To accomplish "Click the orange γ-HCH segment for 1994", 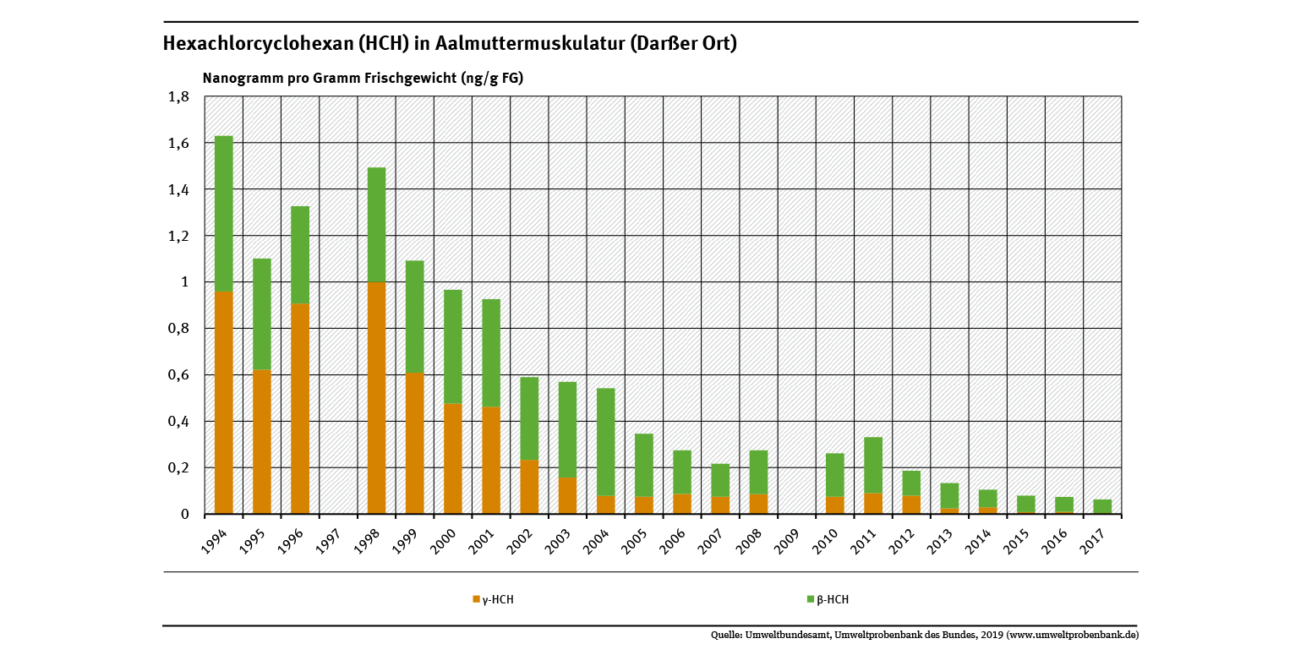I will click(223, 403).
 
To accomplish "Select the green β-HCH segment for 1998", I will click(376, 225).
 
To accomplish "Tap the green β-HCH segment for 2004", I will click(605, 442).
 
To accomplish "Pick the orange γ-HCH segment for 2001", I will click(491, 461).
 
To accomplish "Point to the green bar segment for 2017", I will click(1102, 506).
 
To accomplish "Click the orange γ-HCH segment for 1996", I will click(300, 409).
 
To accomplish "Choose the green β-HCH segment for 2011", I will click(873, 465).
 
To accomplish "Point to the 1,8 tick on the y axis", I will click(178, 97).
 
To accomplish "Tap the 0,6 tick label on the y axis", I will click(178, 375).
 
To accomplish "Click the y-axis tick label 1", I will click(184, 282).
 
